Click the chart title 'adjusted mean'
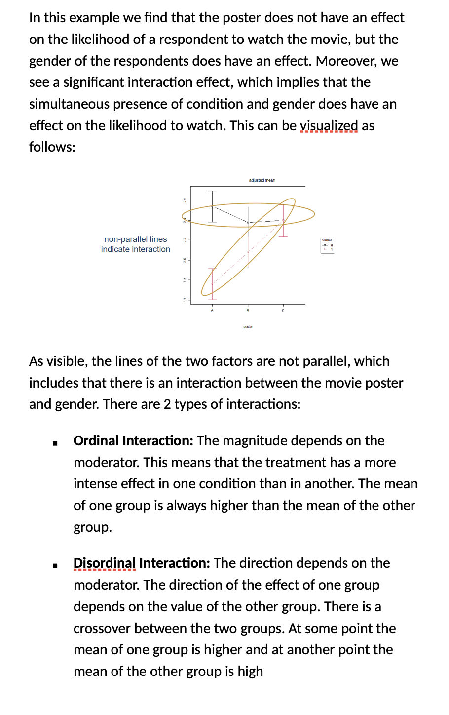pos(262,180)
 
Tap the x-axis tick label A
pos(212,310)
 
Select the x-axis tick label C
pos(283,310)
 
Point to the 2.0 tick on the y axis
pos(185,260)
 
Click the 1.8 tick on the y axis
pos(185,280)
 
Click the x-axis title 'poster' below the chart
pos(248,327)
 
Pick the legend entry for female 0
pos(328,245)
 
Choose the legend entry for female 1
pos(328,249)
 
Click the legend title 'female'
pos(327,240)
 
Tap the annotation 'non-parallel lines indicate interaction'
pos(136,244)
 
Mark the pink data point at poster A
pos(212,284)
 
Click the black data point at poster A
pos(212,206)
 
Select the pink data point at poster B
pos(248,252)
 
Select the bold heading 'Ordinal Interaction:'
pos(133,440)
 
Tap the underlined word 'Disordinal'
pos(104,563)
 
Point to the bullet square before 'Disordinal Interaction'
pos(56,565)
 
